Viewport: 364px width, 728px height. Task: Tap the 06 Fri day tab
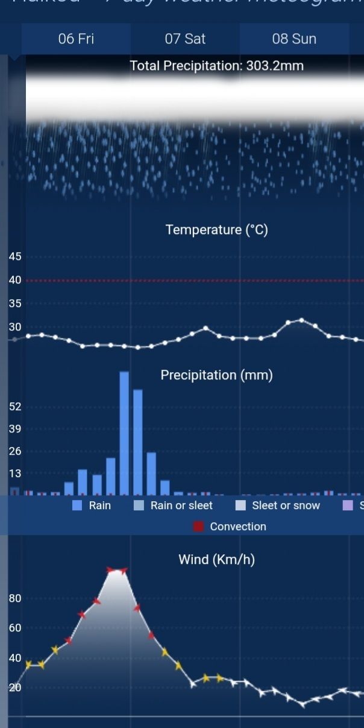pyautogui.click(x=76, y=39)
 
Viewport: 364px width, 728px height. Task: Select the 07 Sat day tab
pyautogui.click(x=185, y=39)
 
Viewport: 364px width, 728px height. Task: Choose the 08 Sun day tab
pyautogui.click(x=294, y=39)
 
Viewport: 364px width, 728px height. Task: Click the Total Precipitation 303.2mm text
pyautogui.click(x=216, y=66)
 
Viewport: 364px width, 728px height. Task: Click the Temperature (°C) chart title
pyautogui.click(x=216, y=230)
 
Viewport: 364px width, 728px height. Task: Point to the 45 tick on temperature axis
pyautogui.click(x=15, y=257)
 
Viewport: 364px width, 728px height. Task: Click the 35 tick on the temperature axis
pyautogui.click(x=15, y=304)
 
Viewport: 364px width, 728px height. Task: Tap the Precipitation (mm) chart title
pyautogui.click(x=216, y=375)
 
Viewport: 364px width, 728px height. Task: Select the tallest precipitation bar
pyautogui.click(x=124, y=433)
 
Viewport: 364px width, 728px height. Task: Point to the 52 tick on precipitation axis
pyautogui.click(x=15, y=407)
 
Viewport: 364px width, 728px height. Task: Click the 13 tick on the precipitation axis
pyautogui.click(x=15, y=474)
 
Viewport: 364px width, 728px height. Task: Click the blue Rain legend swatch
pyautogui.click(x=77, y=506)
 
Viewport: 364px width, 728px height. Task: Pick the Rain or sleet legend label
pyautogui.click(x=181, y=506)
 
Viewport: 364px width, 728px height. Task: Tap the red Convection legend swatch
pyautogui.click(x=199, y=527)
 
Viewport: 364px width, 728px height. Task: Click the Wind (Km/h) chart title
pyautogui.click(x=216, y=560)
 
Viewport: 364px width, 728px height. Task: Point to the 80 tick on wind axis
pyautogui.click(x=15, y=599)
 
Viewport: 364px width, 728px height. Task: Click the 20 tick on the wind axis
pyautogui.click(x=15, y=688)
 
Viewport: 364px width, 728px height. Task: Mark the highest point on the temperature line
pyautogui.click(x=302, y=320)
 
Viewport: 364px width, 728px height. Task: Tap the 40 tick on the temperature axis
pyautogui.click(x=15, y=280)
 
